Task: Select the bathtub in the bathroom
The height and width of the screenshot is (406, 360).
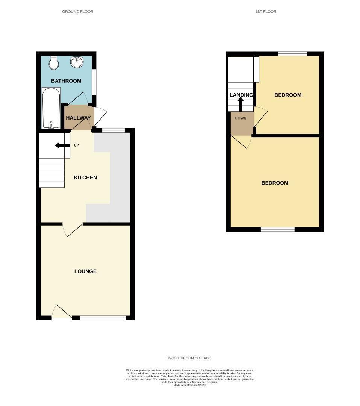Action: (51, 108)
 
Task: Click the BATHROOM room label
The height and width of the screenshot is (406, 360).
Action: (66, 81)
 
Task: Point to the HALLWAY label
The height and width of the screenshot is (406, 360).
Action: (78, 118)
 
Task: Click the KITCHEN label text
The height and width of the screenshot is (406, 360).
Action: (85, 177)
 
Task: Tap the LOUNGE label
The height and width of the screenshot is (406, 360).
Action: (85, 271)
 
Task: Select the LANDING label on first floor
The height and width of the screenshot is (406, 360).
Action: (241, 95)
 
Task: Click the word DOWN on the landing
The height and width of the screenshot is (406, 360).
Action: (241, 118)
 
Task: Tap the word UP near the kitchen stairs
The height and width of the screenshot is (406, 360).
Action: (77, 145)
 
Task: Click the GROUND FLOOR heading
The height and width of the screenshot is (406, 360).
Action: (78, 12)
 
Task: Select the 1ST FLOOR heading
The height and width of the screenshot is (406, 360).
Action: (266, 12)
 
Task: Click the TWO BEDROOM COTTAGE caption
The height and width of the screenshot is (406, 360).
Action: (189, 358)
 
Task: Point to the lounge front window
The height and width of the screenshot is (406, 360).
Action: (103, 318)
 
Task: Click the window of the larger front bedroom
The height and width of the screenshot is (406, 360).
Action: (278, 229)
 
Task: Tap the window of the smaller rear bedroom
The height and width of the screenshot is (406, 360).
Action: (292, 54)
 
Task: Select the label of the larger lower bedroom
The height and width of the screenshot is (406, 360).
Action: (275, 183)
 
